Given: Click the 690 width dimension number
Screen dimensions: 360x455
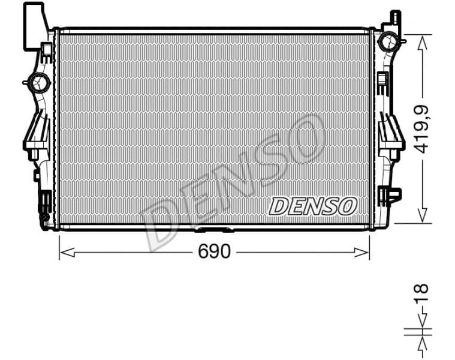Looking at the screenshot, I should click(x=214, y=252).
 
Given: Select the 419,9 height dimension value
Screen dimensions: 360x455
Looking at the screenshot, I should click(x=423, y=128).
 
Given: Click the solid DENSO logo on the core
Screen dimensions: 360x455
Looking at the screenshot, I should click(x=313, y=206).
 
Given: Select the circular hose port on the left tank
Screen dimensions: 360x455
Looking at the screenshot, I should click(x=40, y=82).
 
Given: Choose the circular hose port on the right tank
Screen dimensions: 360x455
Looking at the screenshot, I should click(x=387, y=41).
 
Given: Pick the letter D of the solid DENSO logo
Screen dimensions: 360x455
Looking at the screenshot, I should click(x=279, y=206).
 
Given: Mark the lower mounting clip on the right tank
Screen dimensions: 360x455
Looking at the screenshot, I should click(x=391, y=196).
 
